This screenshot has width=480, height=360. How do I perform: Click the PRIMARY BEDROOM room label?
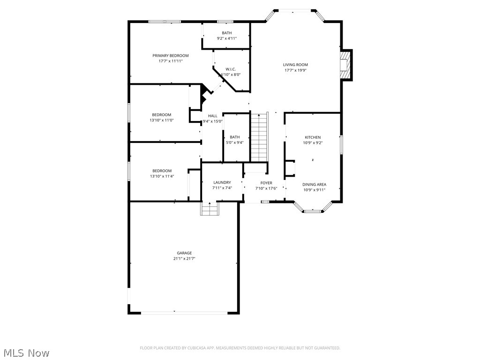[x=170, y=56]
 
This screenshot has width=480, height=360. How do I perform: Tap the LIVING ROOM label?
[x=295, y=65]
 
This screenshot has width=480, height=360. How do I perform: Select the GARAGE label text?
[x=184, y=253]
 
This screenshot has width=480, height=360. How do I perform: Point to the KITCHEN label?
[x=313, y=137]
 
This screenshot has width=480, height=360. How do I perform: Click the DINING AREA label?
[x=314, y=185]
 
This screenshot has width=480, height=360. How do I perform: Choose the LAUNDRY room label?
[x=222, y=182]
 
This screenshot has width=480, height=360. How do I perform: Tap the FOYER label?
[x=266, y=183]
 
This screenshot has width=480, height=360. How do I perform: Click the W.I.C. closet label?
[x=230, y=69]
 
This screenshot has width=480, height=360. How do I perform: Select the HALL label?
[x=213, y=116]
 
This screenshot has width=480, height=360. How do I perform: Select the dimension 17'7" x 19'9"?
[x=295, y=70]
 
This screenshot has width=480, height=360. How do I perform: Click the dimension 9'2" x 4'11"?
[x=227, y=38]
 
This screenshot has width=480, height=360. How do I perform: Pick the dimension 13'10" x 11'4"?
[x=162, y=176]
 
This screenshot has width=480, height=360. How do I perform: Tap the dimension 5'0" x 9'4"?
[x=235, y=142]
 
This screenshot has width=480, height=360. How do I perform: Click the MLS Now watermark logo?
[x=26, y=352]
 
